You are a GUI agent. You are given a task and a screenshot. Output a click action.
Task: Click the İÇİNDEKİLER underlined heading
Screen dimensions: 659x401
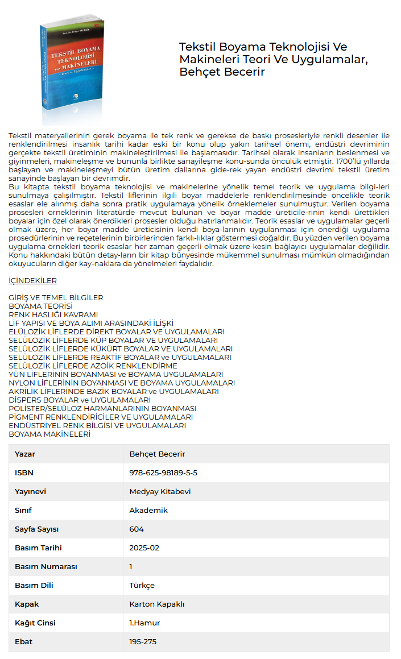click(32, 281)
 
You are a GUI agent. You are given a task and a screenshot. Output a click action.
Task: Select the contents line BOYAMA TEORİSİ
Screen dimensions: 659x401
click(40, 306)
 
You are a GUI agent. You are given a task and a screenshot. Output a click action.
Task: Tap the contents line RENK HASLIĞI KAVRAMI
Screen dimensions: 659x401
click(53, 314)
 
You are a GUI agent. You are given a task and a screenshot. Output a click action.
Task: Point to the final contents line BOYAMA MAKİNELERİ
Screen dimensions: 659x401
click(49, 434)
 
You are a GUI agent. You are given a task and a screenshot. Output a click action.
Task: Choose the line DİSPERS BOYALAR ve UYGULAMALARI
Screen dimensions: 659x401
click(80, 400)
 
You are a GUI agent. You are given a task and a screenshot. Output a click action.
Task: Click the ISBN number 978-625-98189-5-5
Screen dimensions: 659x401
click(163, 473)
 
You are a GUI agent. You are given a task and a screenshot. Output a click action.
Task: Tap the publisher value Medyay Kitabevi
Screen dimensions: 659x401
click(160, 491)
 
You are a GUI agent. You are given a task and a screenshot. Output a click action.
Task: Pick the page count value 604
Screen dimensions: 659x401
click(137, 529)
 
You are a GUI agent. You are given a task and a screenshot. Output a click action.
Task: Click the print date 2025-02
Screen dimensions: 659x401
click(144, 548)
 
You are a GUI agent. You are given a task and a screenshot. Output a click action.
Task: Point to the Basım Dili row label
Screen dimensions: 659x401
click(34, 585)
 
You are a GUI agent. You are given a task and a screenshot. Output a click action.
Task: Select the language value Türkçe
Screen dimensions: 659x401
click(142, 585)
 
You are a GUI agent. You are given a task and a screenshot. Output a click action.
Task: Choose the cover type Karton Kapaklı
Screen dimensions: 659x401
click(157, 604)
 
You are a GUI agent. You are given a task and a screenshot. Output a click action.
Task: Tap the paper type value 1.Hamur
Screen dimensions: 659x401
click(144, 623)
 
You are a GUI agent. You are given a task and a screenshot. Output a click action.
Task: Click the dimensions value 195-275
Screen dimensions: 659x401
click(143, 641)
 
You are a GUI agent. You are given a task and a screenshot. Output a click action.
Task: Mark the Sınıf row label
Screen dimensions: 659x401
click(23, 510)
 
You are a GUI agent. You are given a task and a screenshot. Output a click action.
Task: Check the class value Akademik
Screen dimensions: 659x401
click(148, 510)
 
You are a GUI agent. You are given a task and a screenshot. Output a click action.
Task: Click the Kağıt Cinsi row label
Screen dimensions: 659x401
click(35, 623)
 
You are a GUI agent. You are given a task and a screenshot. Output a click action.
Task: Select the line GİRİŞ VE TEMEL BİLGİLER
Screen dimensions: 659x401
click(56, 297)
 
